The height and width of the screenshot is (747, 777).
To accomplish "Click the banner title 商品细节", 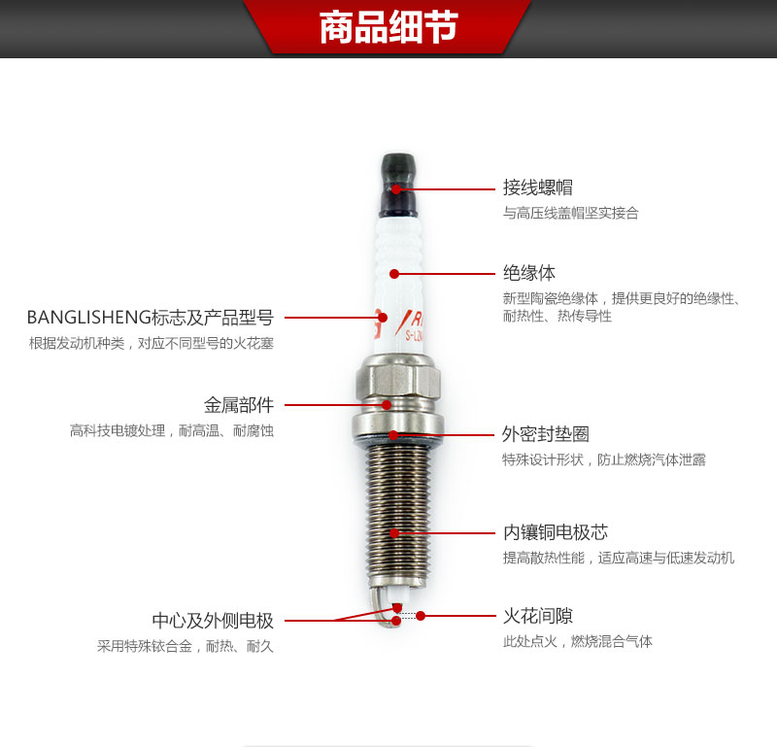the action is coord(388,27).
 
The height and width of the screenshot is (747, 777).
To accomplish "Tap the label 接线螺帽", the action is coord(538,187).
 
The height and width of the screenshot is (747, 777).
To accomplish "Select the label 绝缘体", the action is coord(528,273).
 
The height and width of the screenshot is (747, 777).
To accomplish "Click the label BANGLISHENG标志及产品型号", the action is coord(151,318).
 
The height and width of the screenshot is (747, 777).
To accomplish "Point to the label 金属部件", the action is coord(239,405).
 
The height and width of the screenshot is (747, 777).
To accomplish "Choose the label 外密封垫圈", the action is coord(546,434).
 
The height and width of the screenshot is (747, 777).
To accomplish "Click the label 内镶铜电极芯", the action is coord(555,532).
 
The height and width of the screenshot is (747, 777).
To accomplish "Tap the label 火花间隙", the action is coord(538,616).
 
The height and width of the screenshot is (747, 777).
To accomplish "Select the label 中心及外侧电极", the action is coord(213,620).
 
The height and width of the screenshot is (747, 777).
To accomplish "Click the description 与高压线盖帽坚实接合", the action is coord(570,213).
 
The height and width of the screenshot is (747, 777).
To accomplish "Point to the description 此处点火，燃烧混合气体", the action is coord(577,641).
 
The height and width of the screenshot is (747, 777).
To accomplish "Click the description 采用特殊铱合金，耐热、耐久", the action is coord(185,646).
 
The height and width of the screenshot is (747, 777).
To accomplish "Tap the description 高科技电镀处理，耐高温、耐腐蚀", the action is coord(172,430).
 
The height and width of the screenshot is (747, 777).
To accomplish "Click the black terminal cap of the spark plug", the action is coord(398,185).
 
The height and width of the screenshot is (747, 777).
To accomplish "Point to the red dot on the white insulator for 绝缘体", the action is coord(394,274).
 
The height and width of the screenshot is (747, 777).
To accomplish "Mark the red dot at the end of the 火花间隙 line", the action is coord(421,616).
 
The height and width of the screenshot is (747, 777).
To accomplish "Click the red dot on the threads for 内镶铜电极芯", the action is coord(394,533).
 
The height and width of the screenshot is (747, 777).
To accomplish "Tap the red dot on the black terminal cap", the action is coord(396,189).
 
